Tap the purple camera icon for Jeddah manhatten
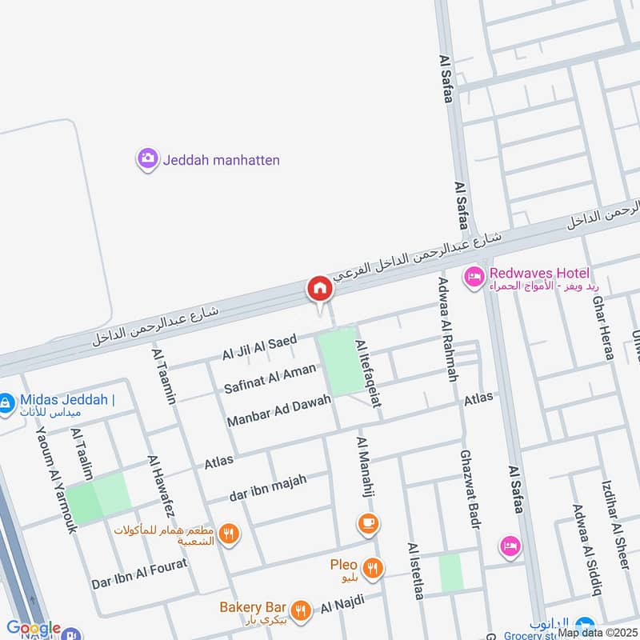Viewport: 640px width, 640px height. click(147, 159)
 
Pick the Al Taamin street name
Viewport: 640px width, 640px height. click(163, 375)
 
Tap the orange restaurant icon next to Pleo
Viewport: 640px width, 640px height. click(372, 569)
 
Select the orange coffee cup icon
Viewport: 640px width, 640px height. click(368, 524)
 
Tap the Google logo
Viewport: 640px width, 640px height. click(34, 629)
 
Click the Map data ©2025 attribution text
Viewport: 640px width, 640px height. click(598, 632)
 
